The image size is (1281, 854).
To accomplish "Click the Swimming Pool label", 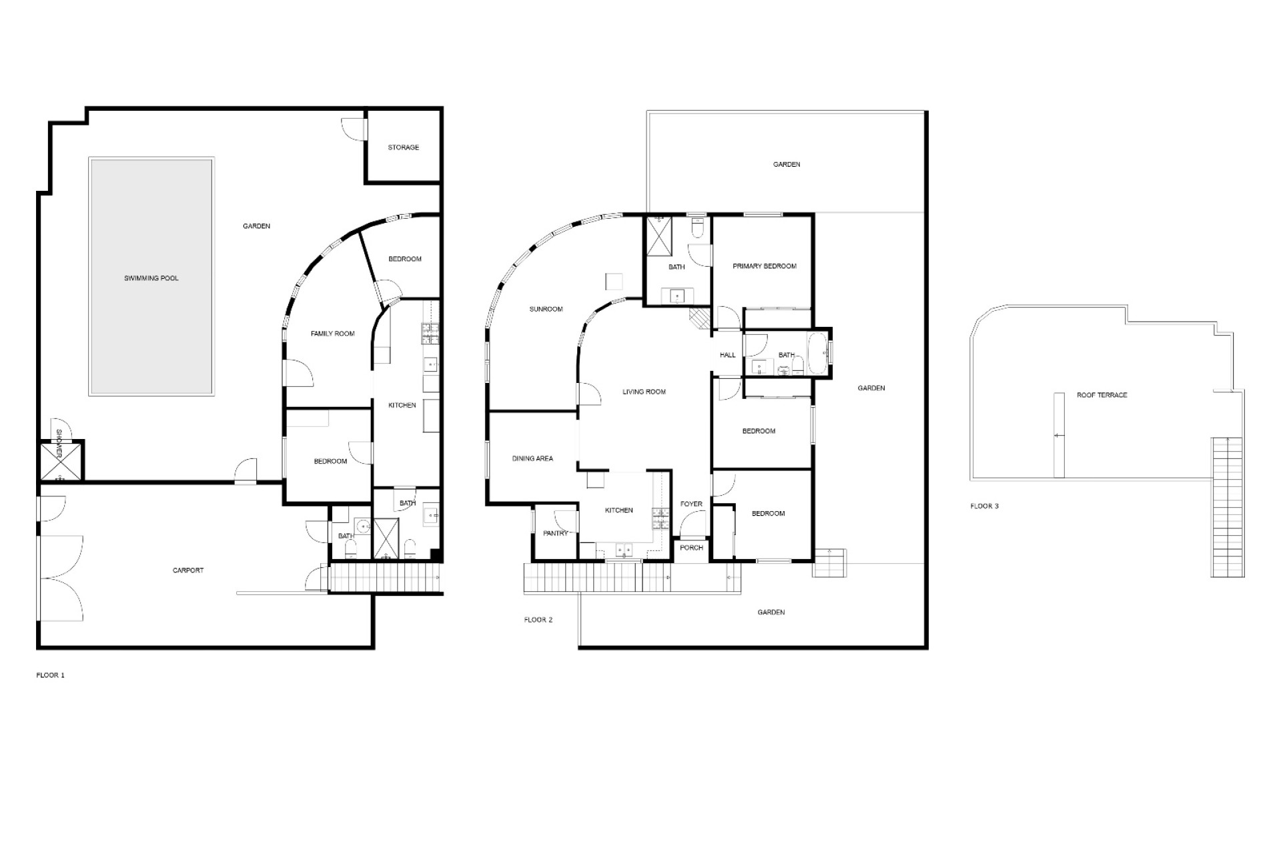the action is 151,278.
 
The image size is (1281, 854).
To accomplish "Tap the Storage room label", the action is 404,147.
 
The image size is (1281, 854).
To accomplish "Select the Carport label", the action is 188,570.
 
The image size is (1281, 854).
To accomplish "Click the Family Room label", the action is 333,334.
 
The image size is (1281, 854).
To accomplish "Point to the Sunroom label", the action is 546,310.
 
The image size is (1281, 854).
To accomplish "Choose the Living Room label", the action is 645,392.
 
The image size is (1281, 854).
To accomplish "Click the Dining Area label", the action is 533,458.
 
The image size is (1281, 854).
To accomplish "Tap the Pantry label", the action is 556,533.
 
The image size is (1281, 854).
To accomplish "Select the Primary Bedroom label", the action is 765,266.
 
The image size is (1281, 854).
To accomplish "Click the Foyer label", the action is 691,504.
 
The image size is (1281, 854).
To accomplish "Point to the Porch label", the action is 692,548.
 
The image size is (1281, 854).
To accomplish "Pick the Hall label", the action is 727,355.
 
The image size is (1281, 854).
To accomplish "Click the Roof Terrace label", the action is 1102,395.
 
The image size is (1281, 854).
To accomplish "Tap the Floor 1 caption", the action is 51,675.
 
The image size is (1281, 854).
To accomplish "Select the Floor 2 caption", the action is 538,620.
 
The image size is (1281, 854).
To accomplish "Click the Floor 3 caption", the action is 985,506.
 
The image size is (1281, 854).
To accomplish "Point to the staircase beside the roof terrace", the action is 1228,507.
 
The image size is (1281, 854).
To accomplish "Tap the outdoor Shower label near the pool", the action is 59,443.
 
